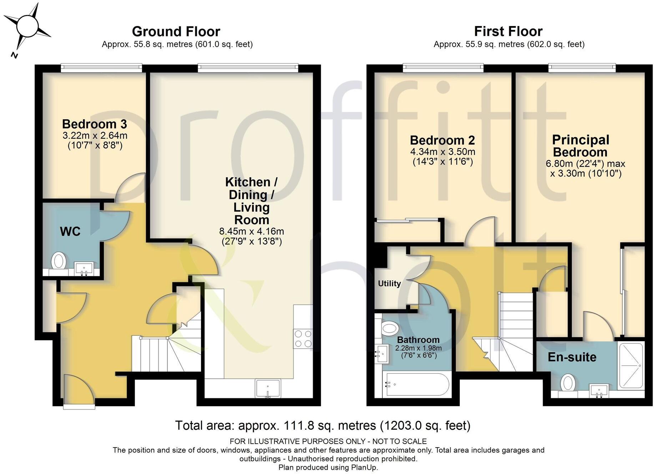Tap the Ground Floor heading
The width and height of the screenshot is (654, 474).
point(176,31)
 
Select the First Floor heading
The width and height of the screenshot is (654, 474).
point(508,31)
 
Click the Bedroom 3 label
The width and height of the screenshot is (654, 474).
point(95,124)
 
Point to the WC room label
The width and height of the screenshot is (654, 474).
point(70,231)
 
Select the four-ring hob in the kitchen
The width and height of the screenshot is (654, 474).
point(303,339)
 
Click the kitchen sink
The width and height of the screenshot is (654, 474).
point(268,388)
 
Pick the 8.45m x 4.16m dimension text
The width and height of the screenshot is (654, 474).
point(252,231)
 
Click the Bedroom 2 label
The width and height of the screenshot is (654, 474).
point(442,140)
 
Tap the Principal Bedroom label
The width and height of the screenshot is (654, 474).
point(580,146)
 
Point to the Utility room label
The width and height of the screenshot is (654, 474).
point(389,283)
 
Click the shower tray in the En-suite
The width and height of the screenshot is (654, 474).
point(631,365)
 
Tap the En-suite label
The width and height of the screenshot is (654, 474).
point(572,357)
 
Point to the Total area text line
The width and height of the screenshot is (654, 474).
point(323,425)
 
